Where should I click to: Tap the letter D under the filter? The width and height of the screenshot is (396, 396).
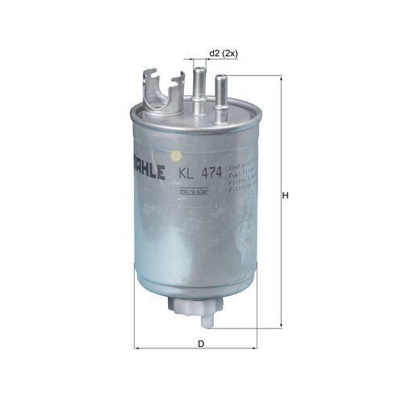tap(201, 343)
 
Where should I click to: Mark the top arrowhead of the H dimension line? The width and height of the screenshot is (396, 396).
tap(280, 79)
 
